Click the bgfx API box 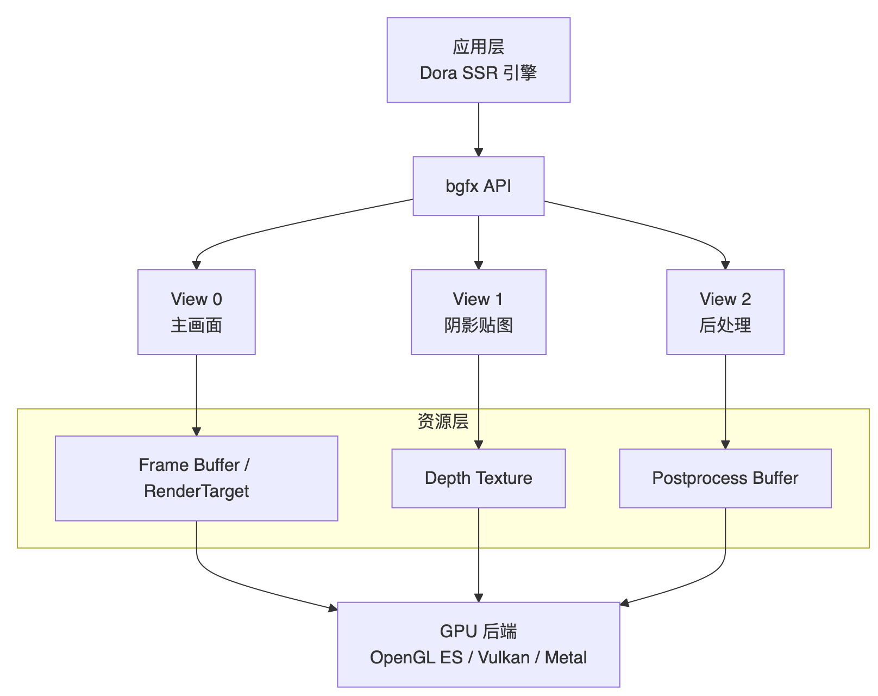478,186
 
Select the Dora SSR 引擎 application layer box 478,60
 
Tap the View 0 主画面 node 196,312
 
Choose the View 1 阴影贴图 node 478,312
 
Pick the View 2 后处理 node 725,312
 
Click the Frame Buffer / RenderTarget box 196,478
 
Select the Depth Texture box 478,478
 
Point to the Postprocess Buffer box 725,478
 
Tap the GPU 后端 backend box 478,644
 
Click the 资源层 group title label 443,421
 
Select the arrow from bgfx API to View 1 479,242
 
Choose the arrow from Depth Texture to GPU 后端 479,555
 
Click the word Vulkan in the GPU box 504,658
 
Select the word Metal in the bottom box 566,658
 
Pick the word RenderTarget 196,492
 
